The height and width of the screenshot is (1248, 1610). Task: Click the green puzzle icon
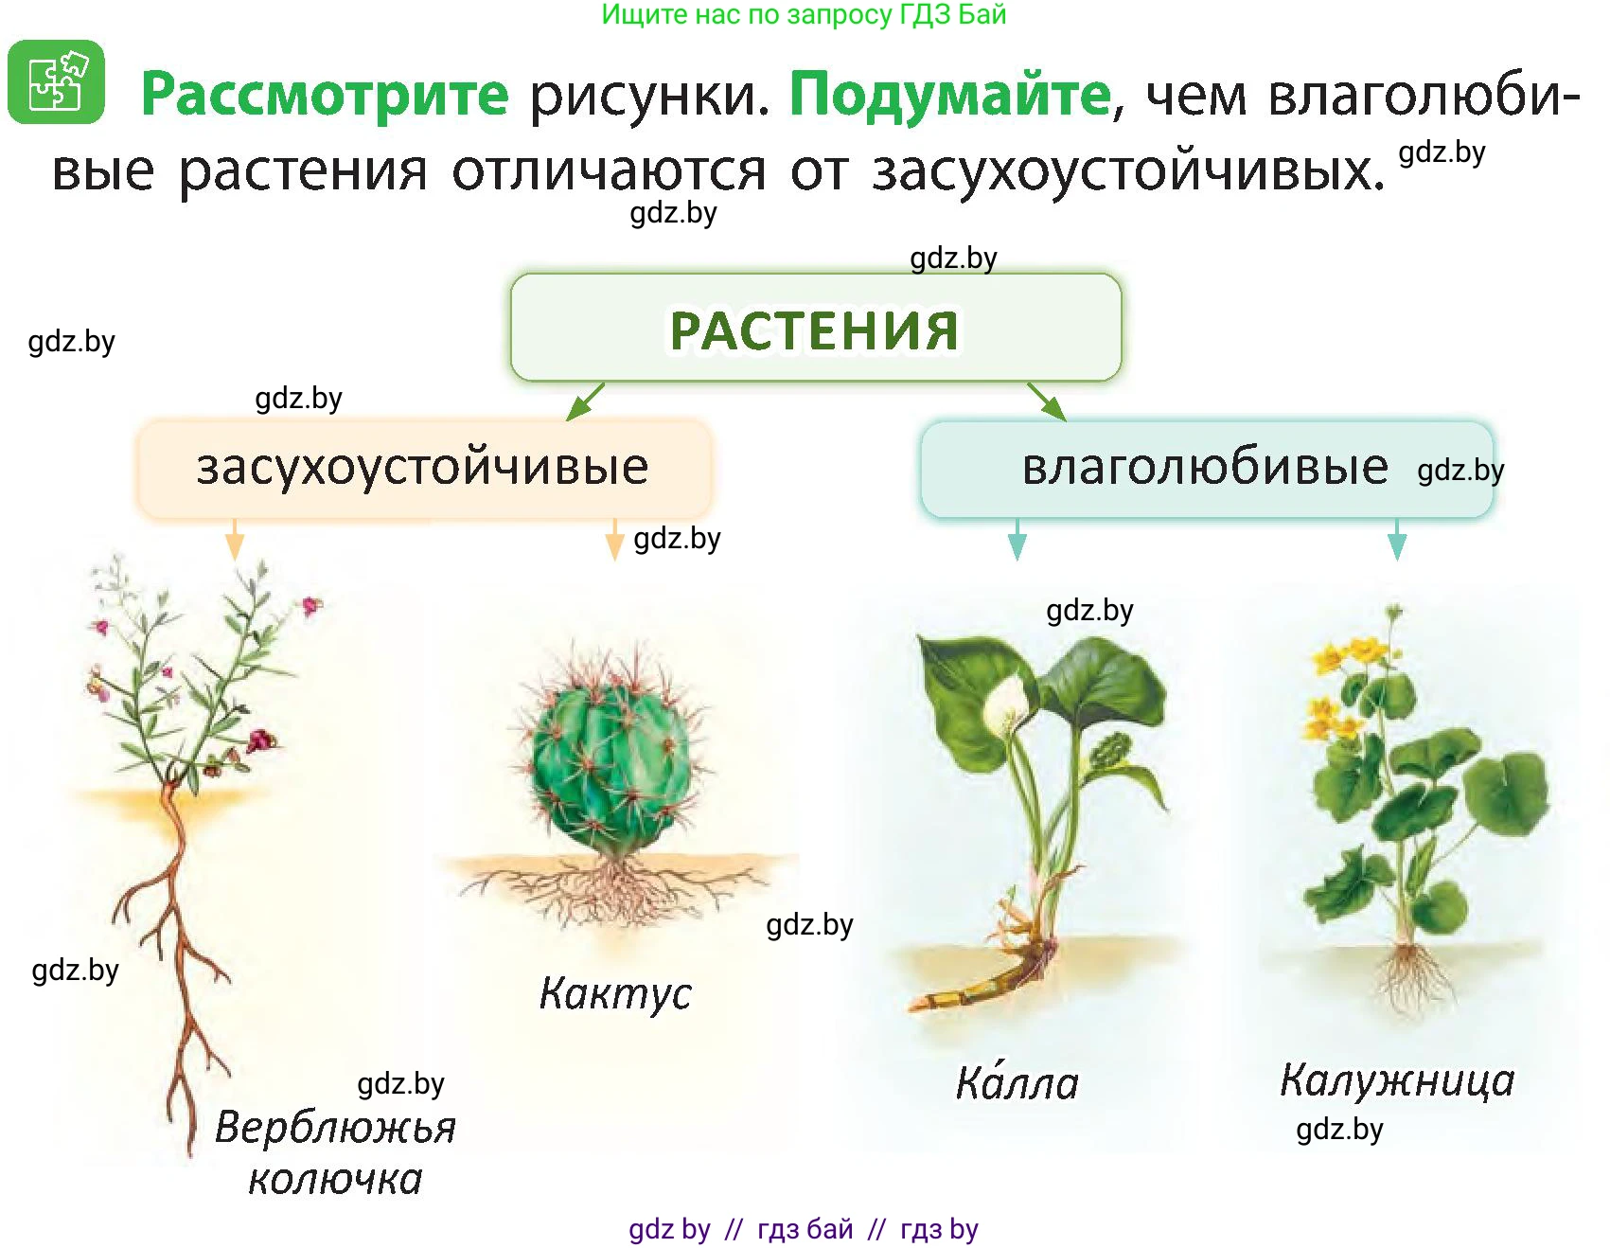[x=56, y=81]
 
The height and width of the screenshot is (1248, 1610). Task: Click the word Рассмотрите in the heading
[x=325, y=95]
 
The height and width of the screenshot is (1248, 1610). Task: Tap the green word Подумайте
[x=949, y=95]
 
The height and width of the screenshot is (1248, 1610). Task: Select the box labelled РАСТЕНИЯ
[x=815, y=329]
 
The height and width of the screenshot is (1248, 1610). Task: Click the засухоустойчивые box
[x=423, y=468]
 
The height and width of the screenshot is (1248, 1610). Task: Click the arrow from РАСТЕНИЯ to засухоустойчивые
[x=584, y=401]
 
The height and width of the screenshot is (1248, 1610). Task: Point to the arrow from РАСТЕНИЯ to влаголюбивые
[x=1047, y=401]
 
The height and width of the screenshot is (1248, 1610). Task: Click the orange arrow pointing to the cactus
[x=614, y=540]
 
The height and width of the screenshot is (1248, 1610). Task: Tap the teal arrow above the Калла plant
[x=1017, y=540]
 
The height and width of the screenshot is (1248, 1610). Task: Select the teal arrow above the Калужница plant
[x=1397, y=540]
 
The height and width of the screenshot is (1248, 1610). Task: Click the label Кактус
[x=615, y=994]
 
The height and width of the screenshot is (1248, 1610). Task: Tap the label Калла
[x=1017, y=1082]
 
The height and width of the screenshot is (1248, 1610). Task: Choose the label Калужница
[x=1397, y=1080]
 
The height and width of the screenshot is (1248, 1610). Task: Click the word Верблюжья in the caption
[x=335, y=1128]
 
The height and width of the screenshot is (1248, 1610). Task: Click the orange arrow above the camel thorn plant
[x=235, y=540]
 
